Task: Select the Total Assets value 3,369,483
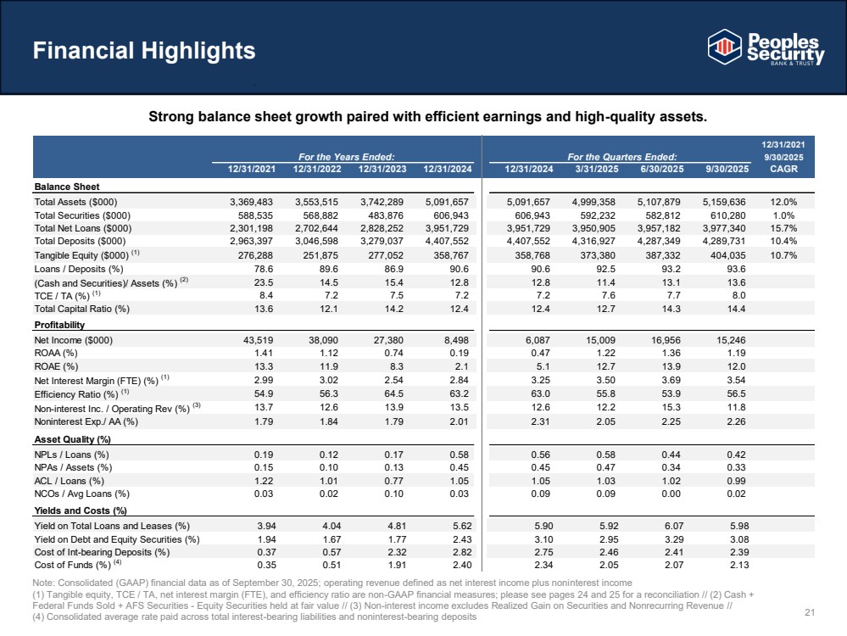click(x=257, y=202)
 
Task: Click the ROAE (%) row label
click(x=56, y=366)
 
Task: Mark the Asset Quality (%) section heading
click(x=74, y=439)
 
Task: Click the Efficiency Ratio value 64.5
click(x=389, y=393)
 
